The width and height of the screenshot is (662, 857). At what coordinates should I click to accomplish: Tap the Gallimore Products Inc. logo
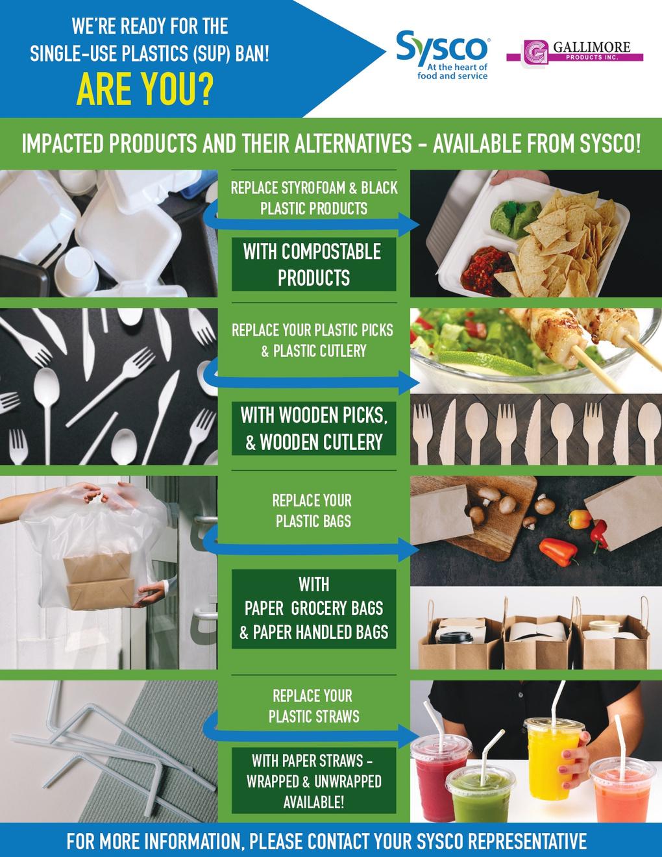click(x=574, y=52)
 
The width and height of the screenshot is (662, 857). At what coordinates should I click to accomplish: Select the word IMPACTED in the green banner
click(x=62, y=143)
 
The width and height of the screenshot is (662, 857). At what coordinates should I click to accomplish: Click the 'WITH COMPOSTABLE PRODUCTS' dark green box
click(x=314, y=264)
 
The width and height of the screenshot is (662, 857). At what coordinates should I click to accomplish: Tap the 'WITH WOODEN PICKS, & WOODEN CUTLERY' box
click(x=314, y=429)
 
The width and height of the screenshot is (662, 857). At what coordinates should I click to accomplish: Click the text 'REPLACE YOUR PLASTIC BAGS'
click(x=312, y=511)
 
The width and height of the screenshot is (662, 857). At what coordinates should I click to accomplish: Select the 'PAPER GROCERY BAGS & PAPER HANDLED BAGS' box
click(x=314, y=609)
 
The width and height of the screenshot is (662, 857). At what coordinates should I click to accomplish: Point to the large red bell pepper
click(x=559, y=551)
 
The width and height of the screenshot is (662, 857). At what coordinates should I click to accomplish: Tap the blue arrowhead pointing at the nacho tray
click(x=409, y=225)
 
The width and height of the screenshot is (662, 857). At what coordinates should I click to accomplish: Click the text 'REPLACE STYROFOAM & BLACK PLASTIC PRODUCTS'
click(x=314, y=198)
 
